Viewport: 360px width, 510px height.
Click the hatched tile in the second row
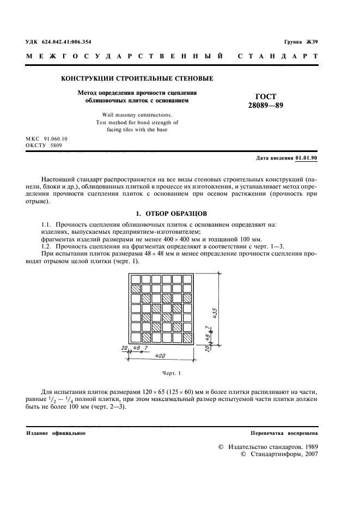pos(135,289)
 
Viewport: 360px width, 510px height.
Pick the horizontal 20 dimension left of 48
pos(125,347)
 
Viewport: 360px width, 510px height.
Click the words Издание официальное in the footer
pos(56,433)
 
